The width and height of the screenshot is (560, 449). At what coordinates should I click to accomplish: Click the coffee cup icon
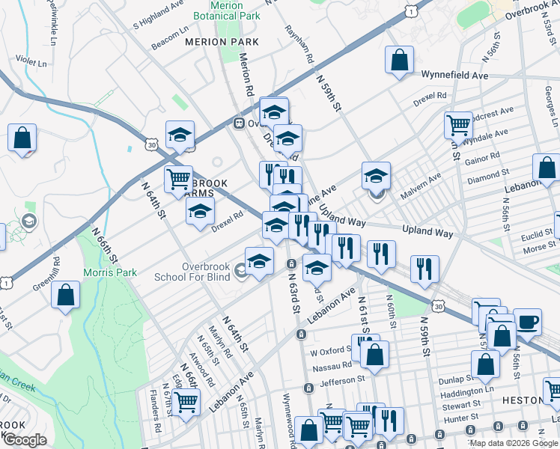[527, 322]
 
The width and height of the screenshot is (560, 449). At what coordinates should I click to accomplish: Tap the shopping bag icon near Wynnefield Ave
[400, 60]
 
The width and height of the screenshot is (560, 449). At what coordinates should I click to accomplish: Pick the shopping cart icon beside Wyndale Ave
[458, 124]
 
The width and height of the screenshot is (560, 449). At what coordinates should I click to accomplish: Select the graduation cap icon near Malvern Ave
[376, 177]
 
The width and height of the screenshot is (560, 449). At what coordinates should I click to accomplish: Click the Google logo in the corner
[25, 441]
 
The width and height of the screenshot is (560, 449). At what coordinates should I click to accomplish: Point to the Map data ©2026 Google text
[514, 443]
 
